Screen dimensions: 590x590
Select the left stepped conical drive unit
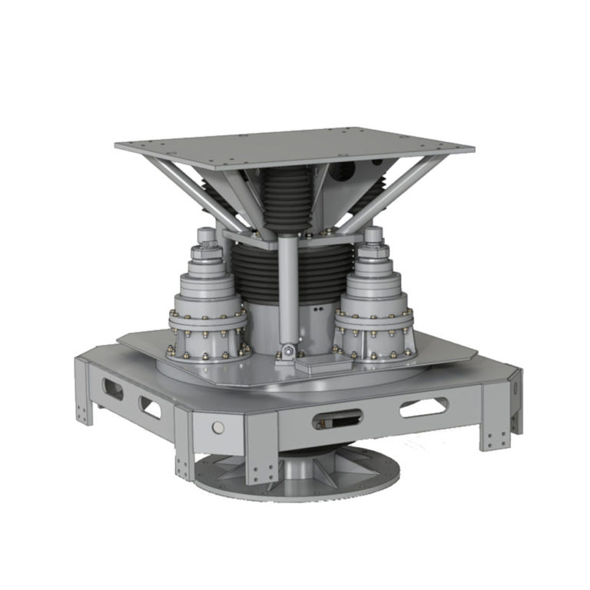pyautogui.click(x=207, y=307)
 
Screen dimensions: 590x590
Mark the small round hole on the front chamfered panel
pyautogui.click(x=217, y=426)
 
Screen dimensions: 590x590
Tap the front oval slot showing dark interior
pyautogui.click(x=337, y=419)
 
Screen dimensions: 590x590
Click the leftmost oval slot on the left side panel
pyautogui.click(x=112, y=389)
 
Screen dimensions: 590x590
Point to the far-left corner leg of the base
pyautogui.click(x=84, y=392)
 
